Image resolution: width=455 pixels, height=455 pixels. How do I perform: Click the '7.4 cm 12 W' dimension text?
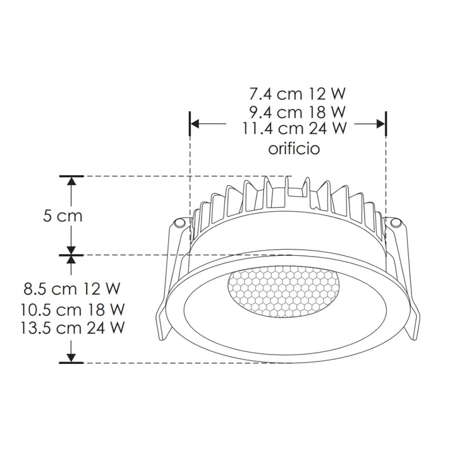point(296,95)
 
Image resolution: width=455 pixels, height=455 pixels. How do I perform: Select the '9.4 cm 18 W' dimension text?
point(296,112)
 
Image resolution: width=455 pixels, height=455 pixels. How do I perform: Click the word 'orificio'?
point(294,149)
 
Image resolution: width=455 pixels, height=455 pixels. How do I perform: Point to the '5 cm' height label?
point(63,216)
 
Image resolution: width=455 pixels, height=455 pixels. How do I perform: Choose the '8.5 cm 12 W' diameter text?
point(71,290)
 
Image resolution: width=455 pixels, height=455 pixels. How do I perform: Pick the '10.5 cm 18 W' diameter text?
point(71,310)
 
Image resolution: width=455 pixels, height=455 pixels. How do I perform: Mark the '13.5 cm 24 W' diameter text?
point(71,329)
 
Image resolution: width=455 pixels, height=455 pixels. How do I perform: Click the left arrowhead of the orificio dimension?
point(195,124)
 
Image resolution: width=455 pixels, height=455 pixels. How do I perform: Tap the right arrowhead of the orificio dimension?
point(380,124)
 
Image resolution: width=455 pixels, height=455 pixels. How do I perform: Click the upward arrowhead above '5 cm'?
point(72,181)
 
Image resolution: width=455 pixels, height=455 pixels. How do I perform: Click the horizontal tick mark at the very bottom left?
point(72,363)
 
